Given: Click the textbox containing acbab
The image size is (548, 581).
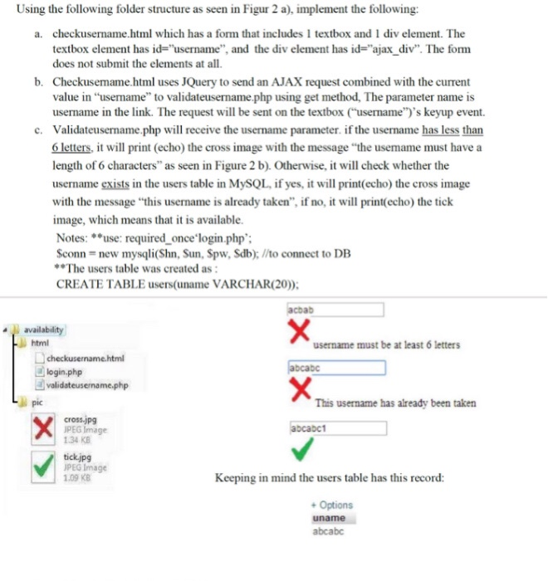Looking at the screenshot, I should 335,310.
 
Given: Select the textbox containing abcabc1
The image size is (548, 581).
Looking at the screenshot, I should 337,428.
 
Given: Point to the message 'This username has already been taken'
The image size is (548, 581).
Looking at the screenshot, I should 395,403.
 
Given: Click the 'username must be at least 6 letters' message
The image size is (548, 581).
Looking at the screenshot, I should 387,345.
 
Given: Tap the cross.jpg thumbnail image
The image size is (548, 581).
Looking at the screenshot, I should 42,431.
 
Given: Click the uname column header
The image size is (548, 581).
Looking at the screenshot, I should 329,518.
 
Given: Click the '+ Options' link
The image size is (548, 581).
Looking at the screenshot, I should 331,505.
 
